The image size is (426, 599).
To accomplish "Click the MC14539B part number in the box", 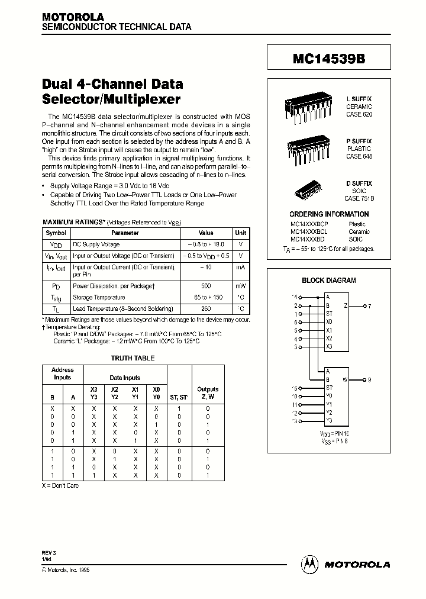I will [329, 59].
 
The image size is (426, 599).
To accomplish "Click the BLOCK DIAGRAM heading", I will [329, 281].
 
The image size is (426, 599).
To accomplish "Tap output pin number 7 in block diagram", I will [369, 306].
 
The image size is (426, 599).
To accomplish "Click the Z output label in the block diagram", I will [346, 306].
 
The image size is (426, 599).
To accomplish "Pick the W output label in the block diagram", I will [346, 379].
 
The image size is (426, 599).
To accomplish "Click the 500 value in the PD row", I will [206, 286].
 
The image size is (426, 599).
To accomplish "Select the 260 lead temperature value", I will [206, 308].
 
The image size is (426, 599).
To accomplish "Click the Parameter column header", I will [125, 233].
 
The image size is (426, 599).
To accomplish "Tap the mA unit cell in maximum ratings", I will [241, 267].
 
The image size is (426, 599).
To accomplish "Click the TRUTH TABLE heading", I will [133, 358].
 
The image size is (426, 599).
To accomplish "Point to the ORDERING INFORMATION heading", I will [329, 214].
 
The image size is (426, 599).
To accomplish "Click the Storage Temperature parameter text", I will [99, 298].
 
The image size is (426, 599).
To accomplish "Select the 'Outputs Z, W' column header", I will [208, 393].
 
